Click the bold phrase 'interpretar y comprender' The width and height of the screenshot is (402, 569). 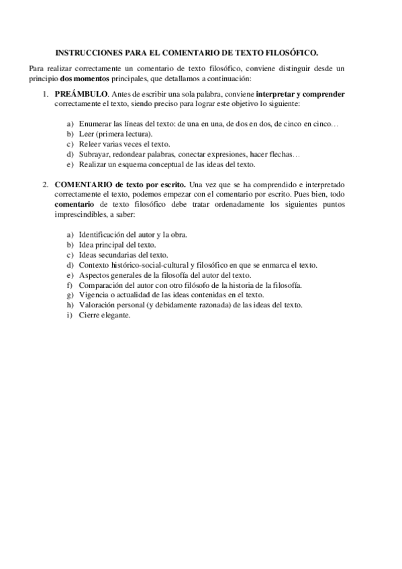coord(301,94)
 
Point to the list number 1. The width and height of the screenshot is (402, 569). coord(44,94)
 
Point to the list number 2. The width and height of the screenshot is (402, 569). coord(44,183)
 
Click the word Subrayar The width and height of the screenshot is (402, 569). coord(95,154)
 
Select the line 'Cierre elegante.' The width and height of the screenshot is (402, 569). coord(105,315)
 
